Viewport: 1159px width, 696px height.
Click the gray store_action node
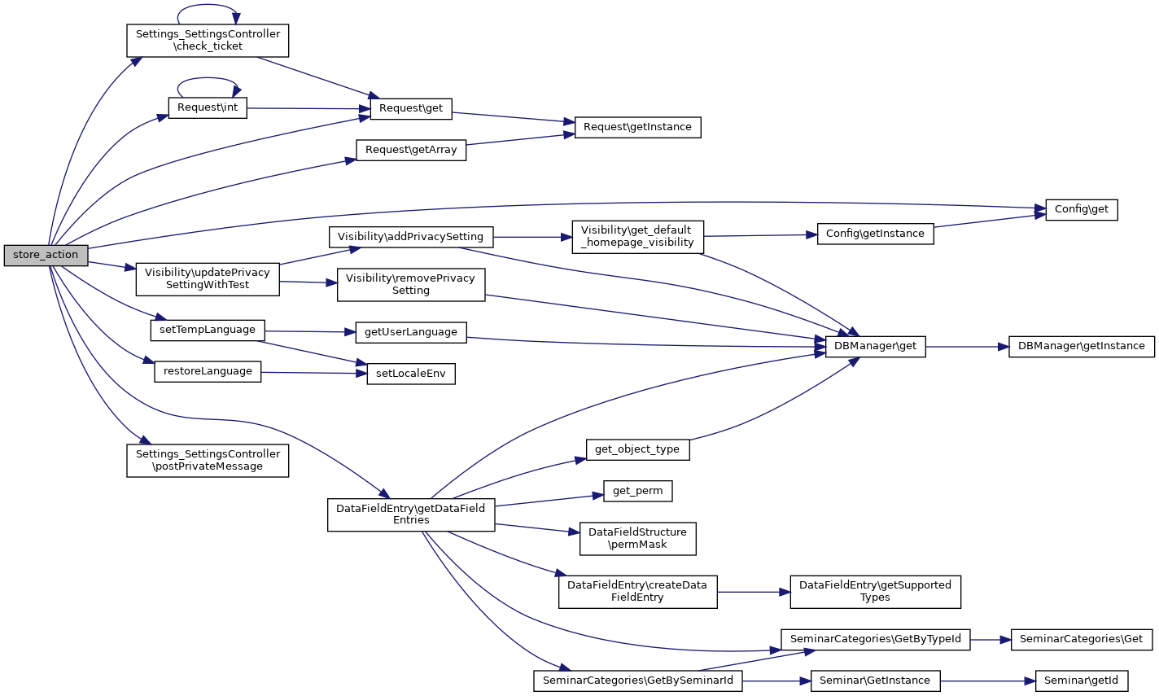coord(46,255)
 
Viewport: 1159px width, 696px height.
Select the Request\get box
coord(411,108)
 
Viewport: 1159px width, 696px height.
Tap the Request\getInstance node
coord(637,127)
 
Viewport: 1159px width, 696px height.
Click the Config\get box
coord(1081,209)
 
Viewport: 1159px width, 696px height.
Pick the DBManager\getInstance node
coord(1081,346)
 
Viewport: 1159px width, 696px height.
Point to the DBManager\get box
coord(875,346)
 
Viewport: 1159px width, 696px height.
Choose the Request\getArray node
coord(411,150)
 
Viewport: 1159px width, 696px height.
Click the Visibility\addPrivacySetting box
coord(410,237)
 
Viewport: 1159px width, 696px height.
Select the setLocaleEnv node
coord(410,374)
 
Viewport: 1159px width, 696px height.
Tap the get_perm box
coord(638,491)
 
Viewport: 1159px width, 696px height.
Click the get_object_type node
coord(637,449)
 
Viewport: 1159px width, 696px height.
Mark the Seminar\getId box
coord(1081,681)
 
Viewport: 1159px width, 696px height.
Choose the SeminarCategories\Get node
coord(1081,639)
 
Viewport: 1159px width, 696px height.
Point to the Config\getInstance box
coord(875,234)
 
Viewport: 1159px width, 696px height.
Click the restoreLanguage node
coord(208,371)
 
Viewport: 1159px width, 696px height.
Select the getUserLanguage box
coord(411,332)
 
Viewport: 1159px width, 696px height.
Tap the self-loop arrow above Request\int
coord(208,80)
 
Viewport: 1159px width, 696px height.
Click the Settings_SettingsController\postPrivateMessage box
coord(208,460)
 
